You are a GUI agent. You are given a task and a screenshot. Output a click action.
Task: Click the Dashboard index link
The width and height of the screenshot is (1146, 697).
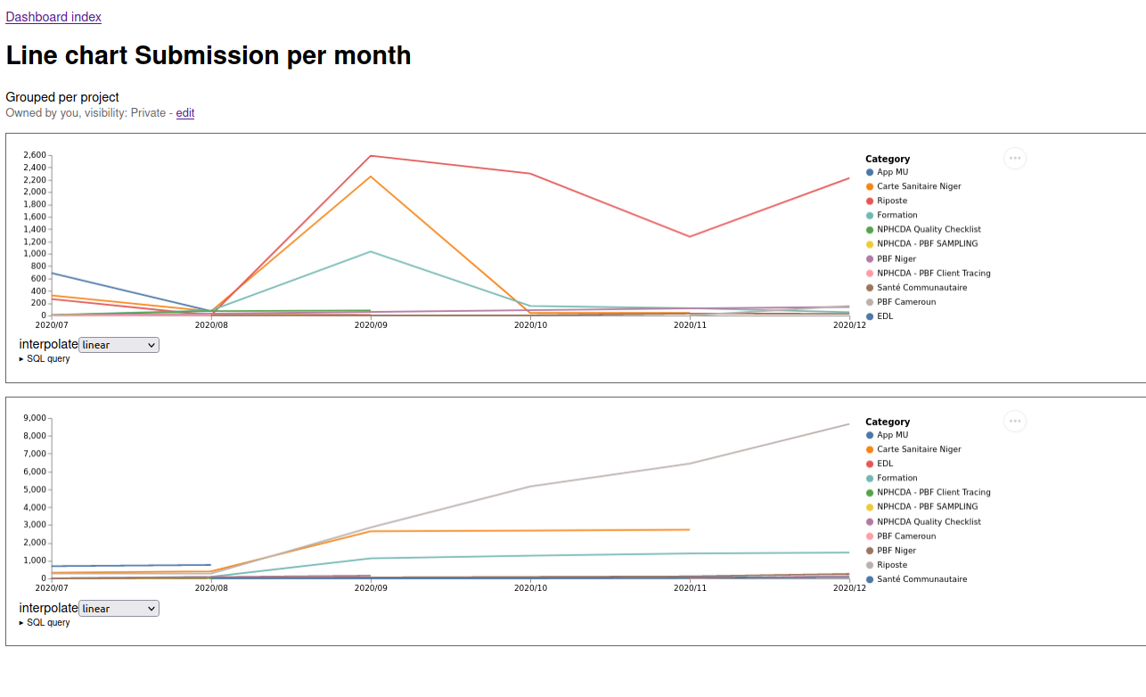tap(53, 17)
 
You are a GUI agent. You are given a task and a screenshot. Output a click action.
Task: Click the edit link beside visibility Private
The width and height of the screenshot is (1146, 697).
tap(185, 113)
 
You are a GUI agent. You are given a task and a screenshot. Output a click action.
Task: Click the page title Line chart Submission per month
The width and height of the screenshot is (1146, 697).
tap(209, 55)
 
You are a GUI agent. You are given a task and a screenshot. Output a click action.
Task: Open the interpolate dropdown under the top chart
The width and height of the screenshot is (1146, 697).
tap(119, 345)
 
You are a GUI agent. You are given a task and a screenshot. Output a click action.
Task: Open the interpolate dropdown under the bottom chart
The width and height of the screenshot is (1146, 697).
tap(119, 609)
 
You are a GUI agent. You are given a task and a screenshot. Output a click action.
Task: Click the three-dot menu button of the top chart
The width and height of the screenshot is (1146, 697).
tap(1015, 158)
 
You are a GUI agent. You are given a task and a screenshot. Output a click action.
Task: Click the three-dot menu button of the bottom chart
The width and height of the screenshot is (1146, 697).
tap(1015, 422)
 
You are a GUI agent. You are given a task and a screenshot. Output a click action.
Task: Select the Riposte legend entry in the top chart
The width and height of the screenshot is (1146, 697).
tap(887, 201)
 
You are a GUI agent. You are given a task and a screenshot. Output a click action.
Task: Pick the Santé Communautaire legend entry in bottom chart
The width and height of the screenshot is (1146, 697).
tap(916, 579)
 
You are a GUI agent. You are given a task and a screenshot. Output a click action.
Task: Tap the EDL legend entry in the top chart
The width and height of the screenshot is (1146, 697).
tap(880, 316)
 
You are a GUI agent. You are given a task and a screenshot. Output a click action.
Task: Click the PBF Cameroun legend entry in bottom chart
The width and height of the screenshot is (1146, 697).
tap(901, 537)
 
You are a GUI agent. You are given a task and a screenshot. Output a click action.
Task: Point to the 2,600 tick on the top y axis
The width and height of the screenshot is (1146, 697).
tap(35, 155)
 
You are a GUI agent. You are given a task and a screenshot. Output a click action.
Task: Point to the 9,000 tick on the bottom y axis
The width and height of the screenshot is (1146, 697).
tap(35, 418)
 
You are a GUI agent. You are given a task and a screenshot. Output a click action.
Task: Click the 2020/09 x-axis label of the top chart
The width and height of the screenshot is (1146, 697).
tap(371, 325)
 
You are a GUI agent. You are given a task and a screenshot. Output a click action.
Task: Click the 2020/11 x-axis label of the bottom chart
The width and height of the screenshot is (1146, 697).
tap(690, 588)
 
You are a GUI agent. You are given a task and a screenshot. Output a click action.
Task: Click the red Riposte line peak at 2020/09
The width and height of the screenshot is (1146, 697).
tap(371, 156)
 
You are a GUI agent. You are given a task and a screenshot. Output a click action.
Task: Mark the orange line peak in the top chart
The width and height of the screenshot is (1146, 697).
tap(371, 176)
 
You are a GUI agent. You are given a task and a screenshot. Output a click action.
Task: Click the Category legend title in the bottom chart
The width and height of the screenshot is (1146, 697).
tap(888, 422)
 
